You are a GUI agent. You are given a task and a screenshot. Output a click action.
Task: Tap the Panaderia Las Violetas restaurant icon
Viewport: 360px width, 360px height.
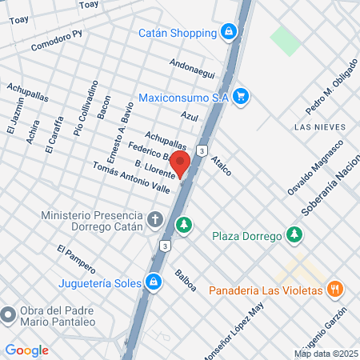coord(336,289)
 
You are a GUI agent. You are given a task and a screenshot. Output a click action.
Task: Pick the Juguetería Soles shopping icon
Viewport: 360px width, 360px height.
coord(153,282)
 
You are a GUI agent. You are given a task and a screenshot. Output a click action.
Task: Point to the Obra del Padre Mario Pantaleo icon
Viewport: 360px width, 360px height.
coord(10,315)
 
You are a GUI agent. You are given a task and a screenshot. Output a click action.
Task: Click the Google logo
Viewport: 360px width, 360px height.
coord(26,350)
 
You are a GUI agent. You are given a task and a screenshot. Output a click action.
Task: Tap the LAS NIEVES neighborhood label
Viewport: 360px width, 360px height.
coord(319,127)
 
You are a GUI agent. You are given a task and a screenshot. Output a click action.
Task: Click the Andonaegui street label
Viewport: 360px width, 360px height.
coord(193,68)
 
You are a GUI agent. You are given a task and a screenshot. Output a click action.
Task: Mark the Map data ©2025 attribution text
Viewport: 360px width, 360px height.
coord(325,354)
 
